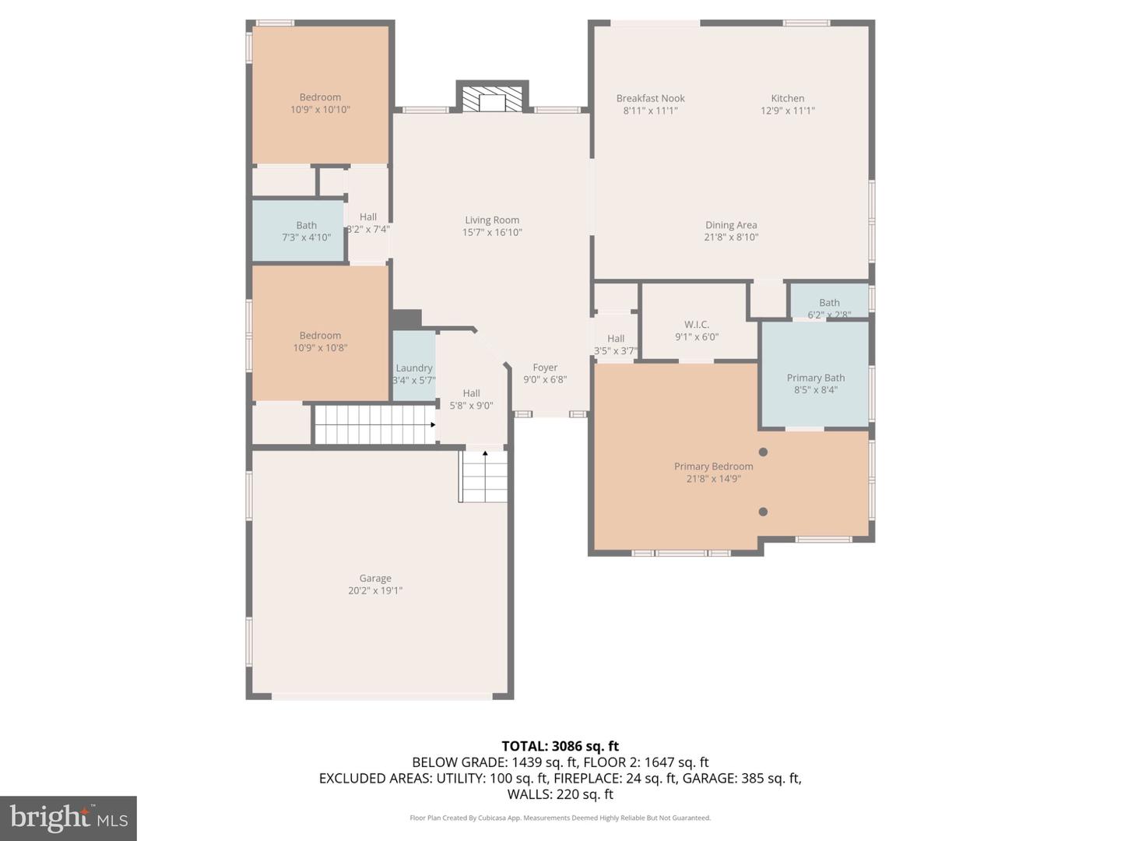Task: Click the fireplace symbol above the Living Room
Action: [x=492, y=100]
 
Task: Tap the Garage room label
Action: [x=375, y=579]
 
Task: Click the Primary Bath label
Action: [x=815, y=378]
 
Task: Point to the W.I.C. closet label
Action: [x=697, y=325]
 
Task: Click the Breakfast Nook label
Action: [x=651, y=98]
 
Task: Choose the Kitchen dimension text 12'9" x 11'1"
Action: [x=787, y=111]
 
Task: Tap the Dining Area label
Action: [x=731, y=225]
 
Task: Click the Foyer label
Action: [x=545, y=368]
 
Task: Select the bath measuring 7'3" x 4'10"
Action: [x=306, y=231]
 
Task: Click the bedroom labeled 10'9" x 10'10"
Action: [x=320, y=103]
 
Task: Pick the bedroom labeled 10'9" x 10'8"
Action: [x=320, y=341]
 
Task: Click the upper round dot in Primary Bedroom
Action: [x=763, y=452]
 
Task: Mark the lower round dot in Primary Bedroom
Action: [x=763, y=512]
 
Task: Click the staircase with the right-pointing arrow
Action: [x=374, y=424]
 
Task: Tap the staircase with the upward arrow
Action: [x=483, y=477]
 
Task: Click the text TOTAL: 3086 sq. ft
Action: [x=560, y=746]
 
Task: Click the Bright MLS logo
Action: [x=69, y=818]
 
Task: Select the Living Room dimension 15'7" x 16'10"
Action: [x=492, y=232]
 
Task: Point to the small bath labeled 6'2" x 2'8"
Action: [x=829, y=308]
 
